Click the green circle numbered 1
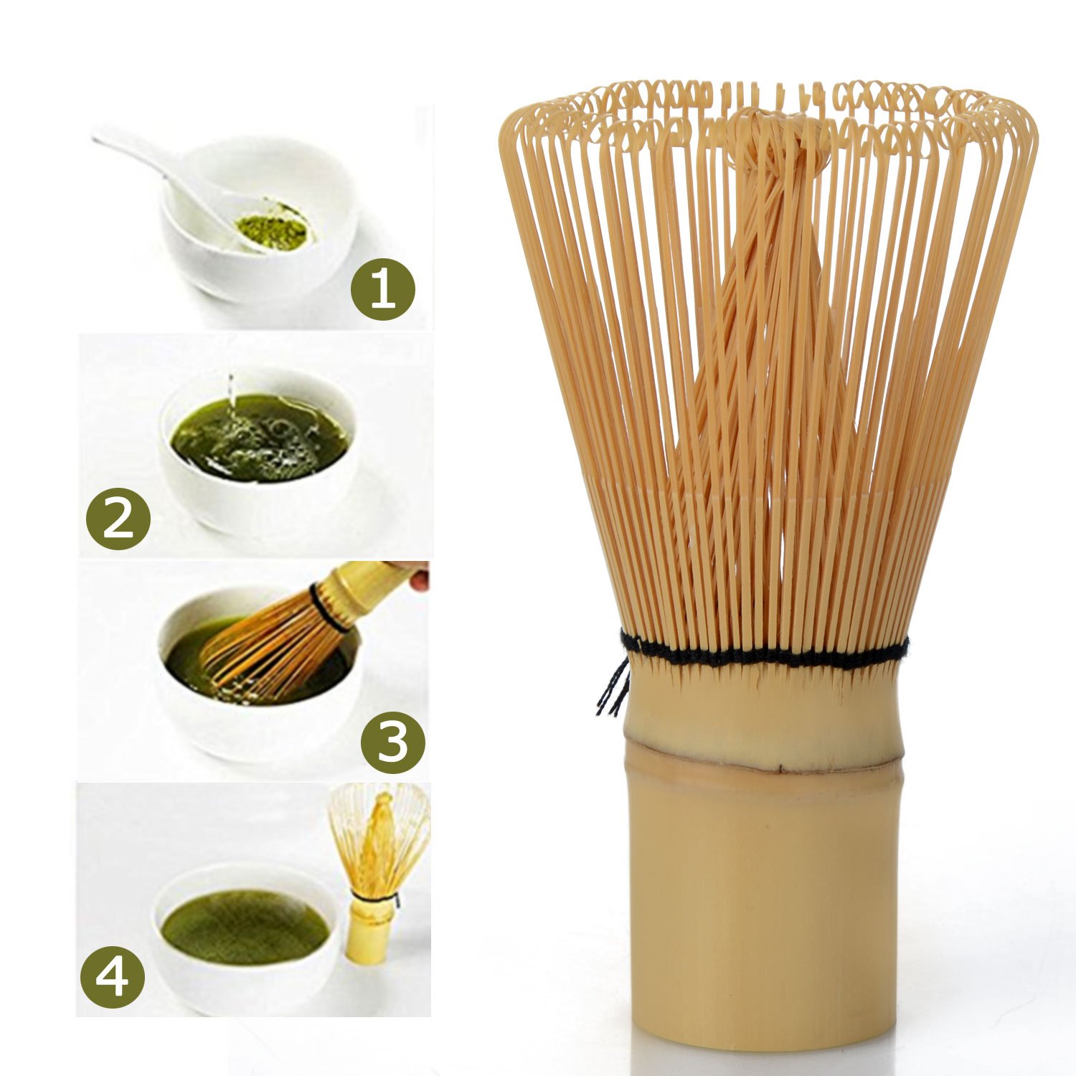point(382,289)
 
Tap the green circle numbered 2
point(118,519)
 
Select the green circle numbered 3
point(392,742)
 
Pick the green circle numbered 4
point(112,976)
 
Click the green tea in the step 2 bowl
point(260,438)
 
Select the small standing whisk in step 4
point(377,872)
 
